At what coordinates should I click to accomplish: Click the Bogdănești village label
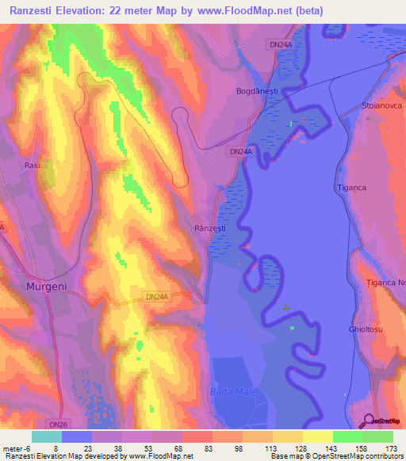[257, 92]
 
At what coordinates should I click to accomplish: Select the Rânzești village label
[210, 228]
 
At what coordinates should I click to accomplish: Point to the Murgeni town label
[46, 286]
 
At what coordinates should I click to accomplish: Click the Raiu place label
[32, 165]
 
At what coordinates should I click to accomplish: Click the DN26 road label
[75, 425]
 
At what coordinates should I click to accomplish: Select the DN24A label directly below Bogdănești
[240, 150]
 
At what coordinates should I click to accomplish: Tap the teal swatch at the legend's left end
[47, 436]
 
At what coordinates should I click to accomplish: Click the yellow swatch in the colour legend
[317, 436]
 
